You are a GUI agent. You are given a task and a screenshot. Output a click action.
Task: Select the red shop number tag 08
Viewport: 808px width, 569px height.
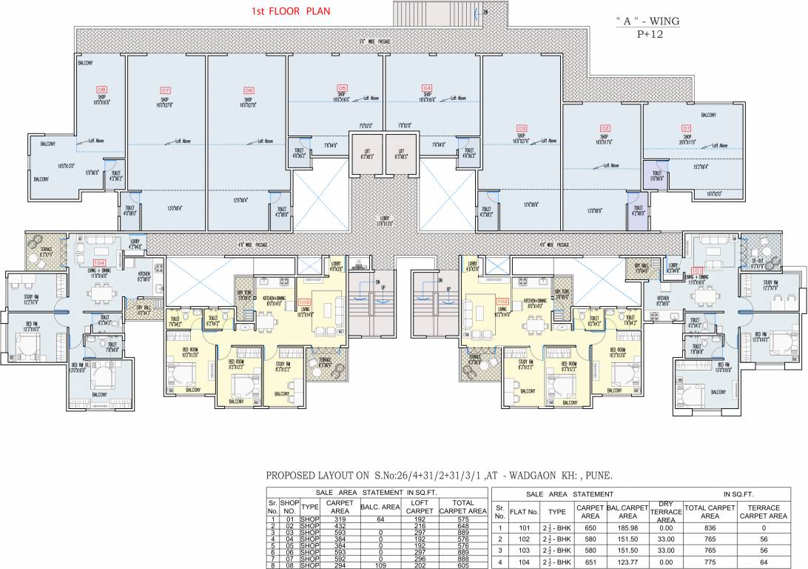click(x=101, y=89)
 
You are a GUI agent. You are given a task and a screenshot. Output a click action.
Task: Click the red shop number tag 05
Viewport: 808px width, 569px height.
click(x=341, y=87)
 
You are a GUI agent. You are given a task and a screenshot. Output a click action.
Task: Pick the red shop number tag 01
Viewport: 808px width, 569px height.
click(x=686, y=128)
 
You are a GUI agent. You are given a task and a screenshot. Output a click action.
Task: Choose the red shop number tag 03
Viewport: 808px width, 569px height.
click(x=522, y=128)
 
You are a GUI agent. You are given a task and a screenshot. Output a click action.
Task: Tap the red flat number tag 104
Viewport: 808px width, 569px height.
click(x=99, y=263)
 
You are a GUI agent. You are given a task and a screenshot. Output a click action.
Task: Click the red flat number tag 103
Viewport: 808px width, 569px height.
click(x=303, y=302)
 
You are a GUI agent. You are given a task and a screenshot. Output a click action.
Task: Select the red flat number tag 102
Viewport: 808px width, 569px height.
click(x=502, y=302)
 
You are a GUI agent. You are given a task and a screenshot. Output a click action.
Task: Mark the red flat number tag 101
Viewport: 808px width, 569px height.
click(x=696, y=270)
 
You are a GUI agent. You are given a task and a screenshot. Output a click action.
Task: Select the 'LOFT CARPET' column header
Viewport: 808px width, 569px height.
click(x=420, y=507)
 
